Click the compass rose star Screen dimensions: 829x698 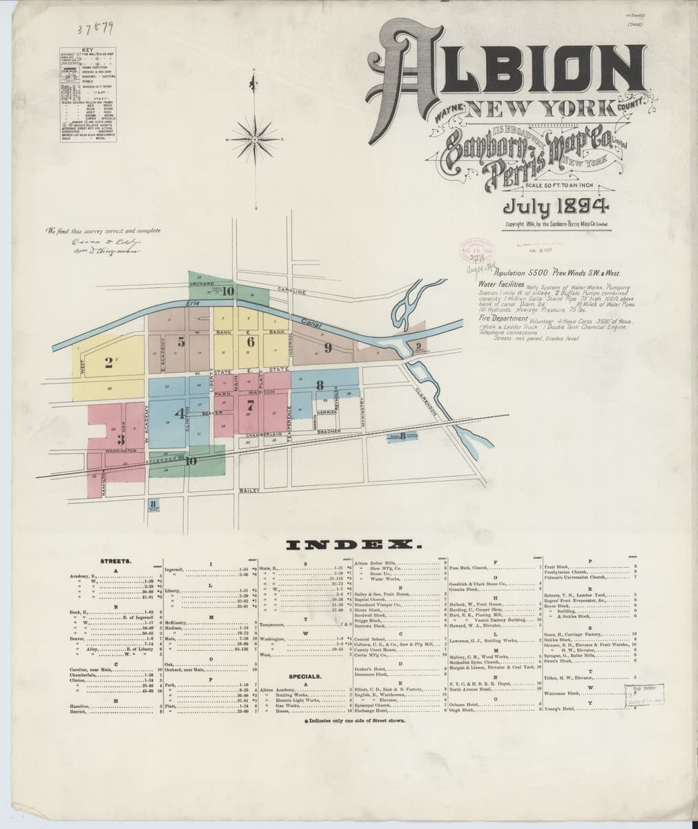[254, 138]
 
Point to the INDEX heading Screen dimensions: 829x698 [349, 545]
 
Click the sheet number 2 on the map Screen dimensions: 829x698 [109, 365]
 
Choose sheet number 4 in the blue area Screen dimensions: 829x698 [181, 414]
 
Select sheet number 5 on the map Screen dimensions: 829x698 [181, 341]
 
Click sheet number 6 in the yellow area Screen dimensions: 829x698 [251, 341]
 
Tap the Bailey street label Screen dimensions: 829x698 [249, 490]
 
